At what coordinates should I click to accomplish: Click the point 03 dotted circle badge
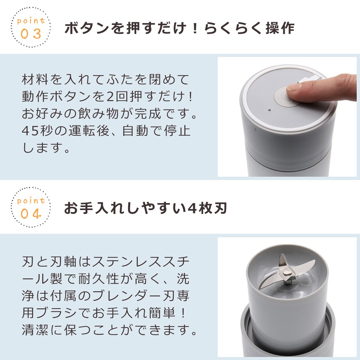[31, 27]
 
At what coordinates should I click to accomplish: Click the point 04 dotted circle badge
[31, 207]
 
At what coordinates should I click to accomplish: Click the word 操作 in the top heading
[280, 28]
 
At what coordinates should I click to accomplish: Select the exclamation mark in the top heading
[195, 28]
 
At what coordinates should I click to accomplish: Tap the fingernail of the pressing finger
[292, 88]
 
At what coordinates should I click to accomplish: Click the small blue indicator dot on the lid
[270, 110]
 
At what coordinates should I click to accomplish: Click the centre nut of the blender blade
[286, 273]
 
